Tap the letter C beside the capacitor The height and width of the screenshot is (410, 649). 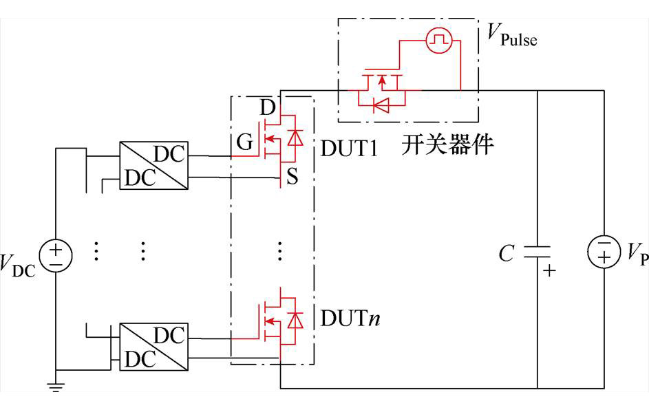click(506, 254)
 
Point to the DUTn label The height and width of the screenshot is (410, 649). click(350, 319)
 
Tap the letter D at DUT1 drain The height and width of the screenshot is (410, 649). click(268, 109)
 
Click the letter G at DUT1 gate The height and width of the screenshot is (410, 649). click(245, 143)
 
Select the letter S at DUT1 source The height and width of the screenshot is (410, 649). click(291, 177)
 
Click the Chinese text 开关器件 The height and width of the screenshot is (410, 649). click(447, 146)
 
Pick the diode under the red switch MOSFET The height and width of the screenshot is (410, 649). click(380, 105)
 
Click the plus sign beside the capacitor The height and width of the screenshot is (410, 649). click(549, 271)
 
